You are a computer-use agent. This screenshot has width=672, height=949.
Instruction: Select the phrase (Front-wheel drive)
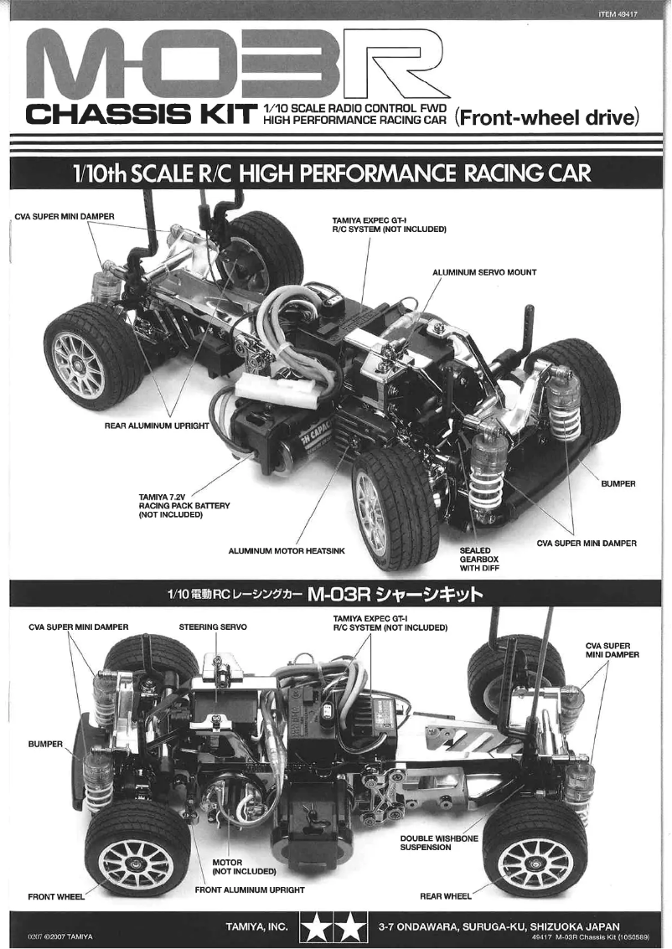548,116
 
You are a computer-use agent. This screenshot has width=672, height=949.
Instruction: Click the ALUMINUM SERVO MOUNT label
484,272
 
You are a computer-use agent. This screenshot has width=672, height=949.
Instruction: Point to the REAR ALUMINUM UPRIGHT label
157,426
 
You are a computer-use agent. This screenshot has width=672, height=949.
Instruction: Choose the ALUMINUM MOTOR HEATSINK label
287,551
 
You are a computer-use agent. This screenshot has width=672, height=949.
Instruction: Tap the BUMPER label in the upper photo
618,484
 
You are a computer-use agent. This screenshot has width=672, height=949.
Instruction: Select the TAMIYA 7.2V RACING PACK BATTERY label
184,506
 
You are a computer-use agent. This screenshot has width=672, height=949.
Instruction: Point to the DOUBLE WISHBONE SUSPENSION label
439,843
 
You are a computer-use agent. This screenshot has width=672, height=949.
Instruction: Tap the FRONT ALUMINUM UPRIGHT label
250,890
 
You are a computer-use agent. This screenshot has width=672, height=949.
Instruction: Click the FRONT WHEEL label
56,896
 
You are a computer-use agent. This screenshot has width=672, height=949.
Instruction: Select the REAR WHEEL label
446,896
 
